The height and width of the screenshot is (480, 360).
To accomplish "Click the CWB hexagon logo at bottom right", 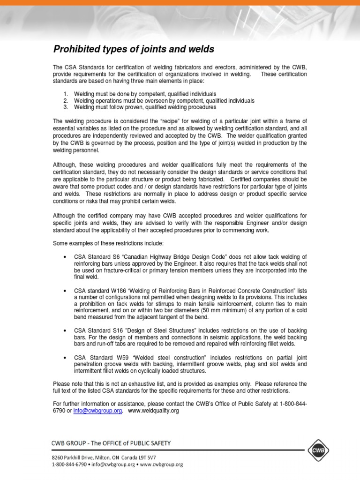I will click(319, 450).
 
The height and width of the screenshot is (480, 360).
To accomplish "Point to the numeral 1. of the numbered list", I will click(66, 94).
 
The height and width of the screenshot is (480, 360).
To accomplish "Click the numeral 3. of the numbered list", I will click(66, 107).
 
